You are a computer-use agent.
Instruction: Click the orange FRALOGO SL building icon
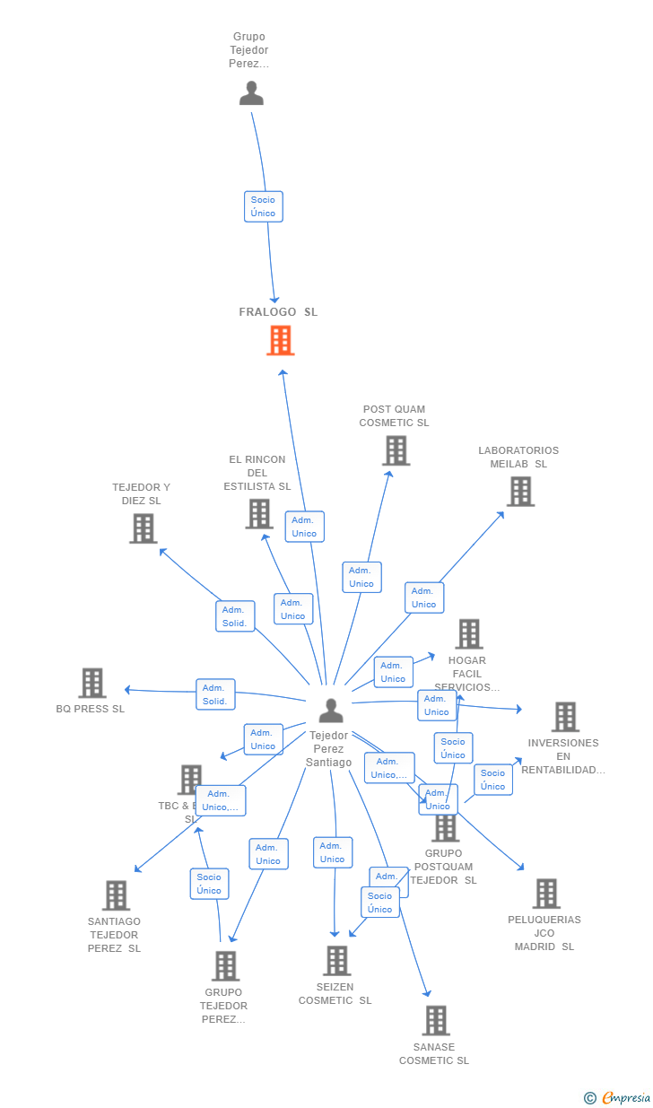pyautogui.click(x=281, y=341)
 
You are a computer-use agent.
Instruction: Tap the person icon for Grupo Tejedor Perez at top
pyautogui.click(x=251, y=93)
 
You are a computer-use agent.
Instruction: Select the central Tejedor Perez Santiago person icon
pyautogui.click(x=331, y=711)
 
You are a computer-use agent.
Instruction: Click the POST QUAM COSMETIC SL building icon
pyautogui.click(x=396, y=450)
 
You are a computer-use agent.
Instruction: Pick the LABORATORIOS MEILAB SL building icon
pyautogui.click(x=520, y=492)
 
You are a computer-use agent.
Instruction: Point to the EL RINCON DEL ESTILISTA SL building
pyautogui.click(x=259, y=514)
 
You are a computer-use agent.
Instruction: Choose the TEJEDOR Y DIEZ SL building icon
pyautogui.click(x=143, y=528)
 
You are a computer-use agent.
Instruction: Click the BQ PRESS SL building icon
pyautogui.click(x=92, y=684)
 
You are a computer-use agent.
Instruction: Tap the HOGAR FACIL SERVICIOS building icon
pyautogui.click(x=468, y=634)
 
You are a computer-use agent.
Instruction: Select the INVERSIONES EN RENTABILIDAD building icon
pyautogui.click(x=565, y=717)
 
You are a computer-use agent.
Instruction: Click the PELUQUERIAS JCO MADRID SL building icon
pyautogui.click(x=545, y=894)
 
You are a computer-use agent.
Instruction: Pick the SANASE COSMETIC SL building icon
pyautogui.click(x=436, y=1020)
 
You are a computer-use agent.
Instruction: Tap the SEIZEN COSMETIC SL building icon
pyautogui.click(x=336, y=961)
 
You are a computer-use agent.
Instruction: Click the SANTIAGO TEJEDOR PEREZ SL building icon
pyautogui.click(x=116, y=895)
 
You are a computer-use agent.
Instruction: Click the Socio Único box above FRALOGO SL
pyautogui.click(x=264, y=206)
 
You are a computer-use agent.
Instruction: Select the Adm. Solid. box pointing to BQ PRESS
pyautogui.click(x=215, y=694)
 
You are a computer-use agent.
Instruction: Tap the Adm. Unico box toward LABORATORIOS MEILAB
pyautogui.click(x=424, y=598)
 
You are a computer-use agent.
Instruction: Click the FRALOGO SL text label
pyautogui.click(x=278, y=312)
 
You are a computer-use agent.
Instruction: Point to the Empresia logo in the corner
pyautogui.click(x=619, y=1097)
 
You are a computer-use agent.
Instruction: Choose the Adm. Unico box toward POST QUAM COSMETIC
pyautogui.click(x=361, y=577)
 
